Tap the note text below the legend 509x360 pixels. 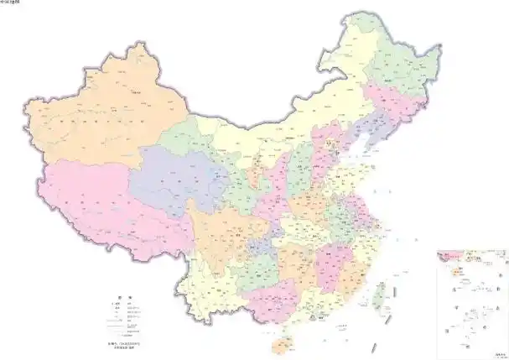(124, 347)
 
